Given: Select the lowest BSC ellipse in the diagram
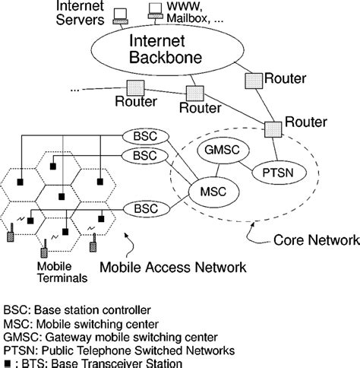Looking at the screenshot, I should pyautogui.click(x=143, y=207).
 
